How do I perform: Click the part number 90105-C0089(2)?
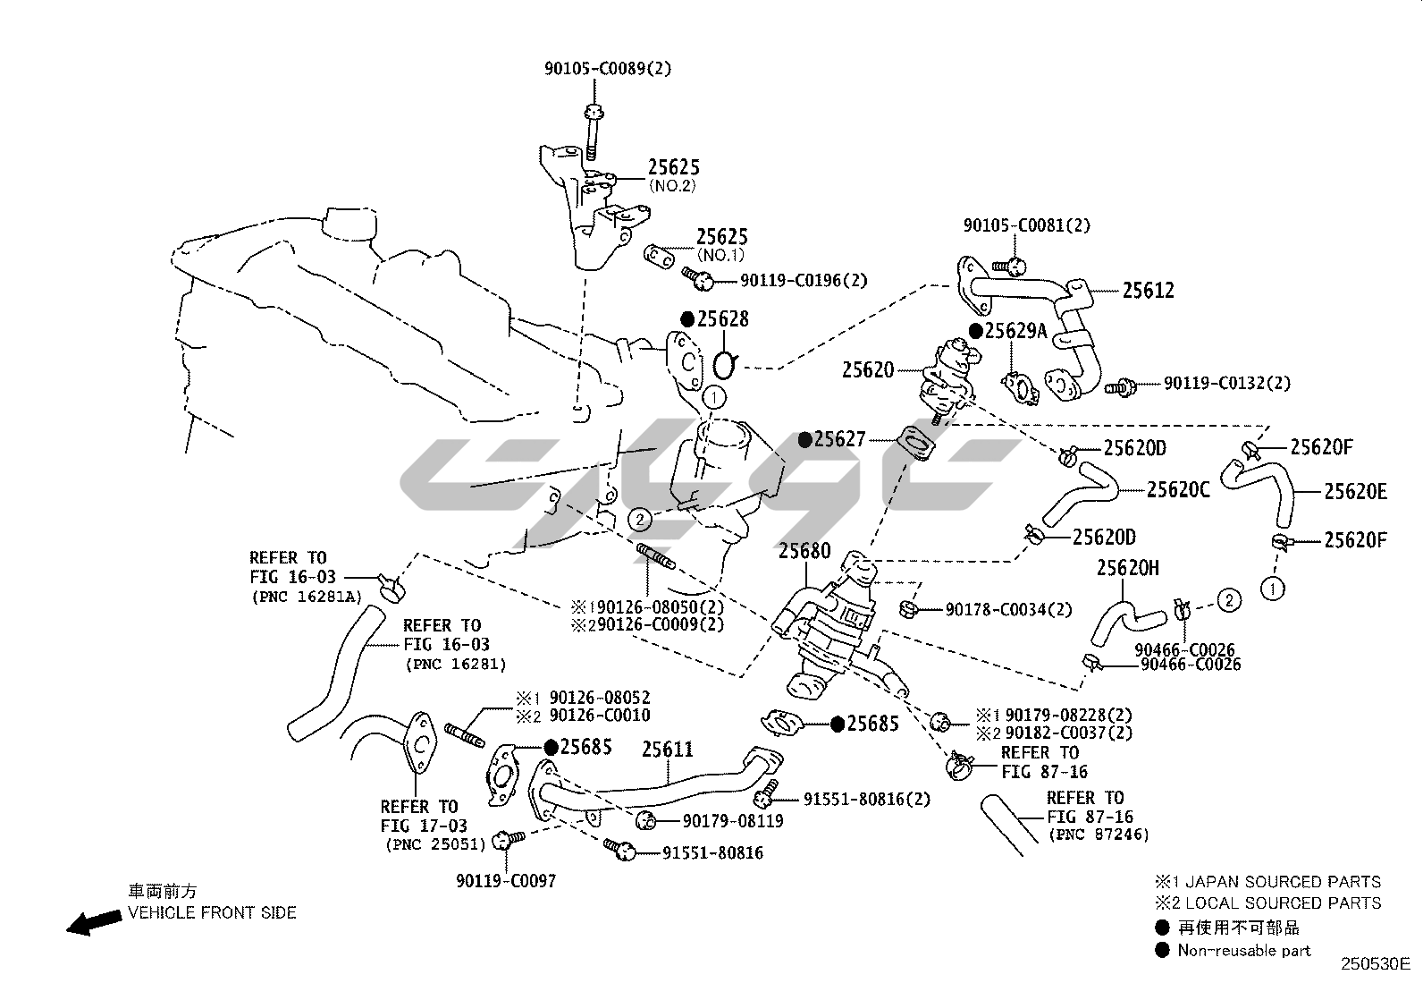point(607,68)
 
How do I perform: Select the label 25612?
point(1148,290)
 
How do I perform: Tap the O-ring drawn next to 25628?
point(726,365)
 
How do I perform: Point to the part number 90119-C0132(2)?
point(1227,383)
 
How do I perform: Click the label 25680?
point(804,551)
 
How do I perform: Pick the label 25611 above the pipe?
point(667,750)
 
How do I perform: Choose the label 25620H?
point(1127,567)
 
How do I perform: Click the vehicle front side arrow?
point(94,922)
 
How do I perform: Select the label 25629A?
point(1015,331)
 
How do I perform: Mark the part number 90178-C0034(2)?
point(1008,610)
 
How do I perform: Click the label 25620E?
point(1355,491)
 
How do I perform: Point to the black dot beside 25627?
point(805,439)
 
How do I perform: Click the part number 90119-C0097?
point(505,881)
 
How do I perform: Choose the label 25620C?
point(1178,489)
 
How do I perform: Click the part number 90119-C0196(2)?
point(804,280)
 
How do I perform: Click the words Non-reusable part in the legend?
point(1243,950)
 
